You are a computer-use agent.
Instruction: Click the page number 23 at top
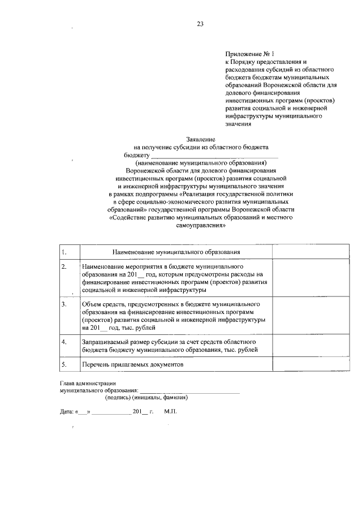point(200,24)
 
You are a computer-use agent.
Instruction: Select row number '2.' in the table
point(64,265)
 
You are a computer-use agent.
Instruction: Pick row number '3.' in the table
point(64,304)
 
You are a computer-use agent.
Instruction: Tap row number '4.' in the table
point(64,342)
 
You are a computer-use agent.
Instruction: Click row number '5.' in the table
point(64,365)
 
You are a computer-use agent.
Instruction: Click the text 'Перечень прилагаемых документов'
point(133,365)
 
